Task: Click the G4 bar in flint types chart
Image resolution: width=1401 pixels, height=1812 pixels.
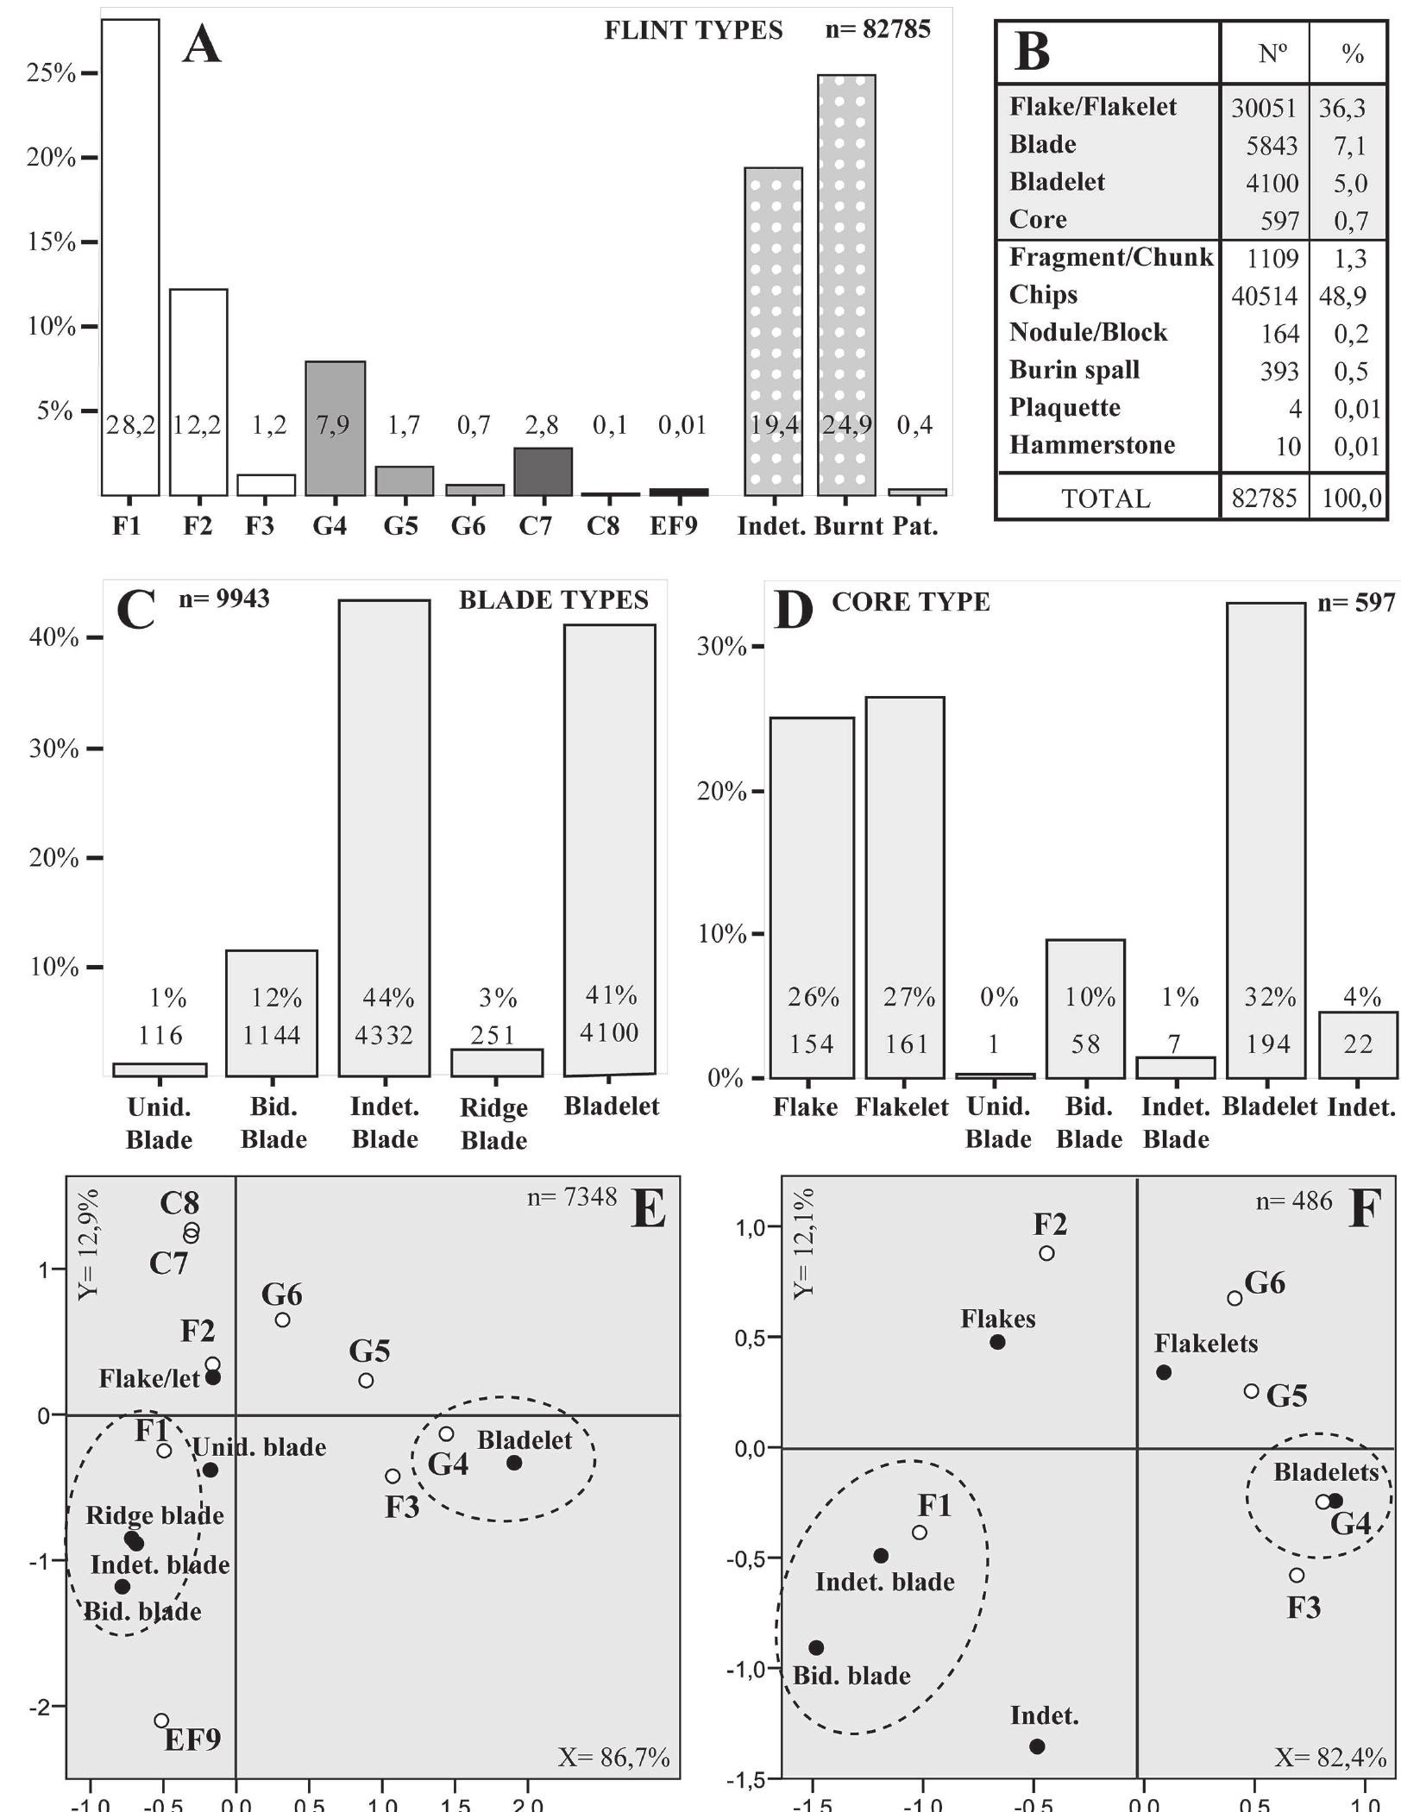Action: tap(336, 429)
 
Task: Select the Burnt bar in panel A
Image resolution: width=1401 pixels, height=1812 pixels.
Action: tap(846, 285)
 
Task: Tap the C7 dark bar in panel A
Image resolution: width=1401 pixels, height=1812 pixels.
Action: tap(543, 472)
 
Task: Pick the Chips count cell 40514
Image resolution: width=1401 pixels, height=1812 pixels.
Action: tap(1264, 296)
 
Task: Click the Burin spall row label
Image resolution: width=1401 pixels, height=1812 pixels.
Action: tap(1074, 370)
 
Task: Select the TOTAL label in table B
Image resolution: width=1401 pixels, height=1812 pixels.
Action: tap(1105, 498)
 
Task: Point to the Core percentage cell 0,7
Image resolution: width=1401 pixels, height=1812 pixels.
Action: tap(1351, 221)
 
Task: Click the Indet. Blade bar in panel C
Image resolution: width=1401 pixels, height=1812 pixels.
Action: tap(384, 837)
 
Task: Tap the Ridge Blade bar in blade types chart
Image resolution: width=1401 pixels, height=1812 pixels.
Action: tap(497, 1063)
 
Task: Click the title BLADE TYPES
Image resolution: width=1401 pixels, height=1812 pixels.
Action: tap(553, 600)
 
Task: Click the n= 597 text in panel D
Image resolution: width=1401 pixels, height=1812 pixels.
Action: tap(1355, 603)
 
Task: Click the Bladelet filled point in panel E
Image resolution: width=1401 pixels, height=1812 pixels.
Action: tap(514, 1463)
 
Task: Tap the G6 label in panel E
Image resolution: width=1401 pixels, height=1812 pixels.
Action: tap(281, 1295)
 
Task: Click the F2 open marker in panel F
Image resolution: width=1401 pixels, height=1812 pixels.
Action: tap(1046, 1253)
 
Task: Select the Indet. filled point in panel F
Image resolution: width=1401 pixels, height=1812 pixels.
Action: tap(1037, 1746)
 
